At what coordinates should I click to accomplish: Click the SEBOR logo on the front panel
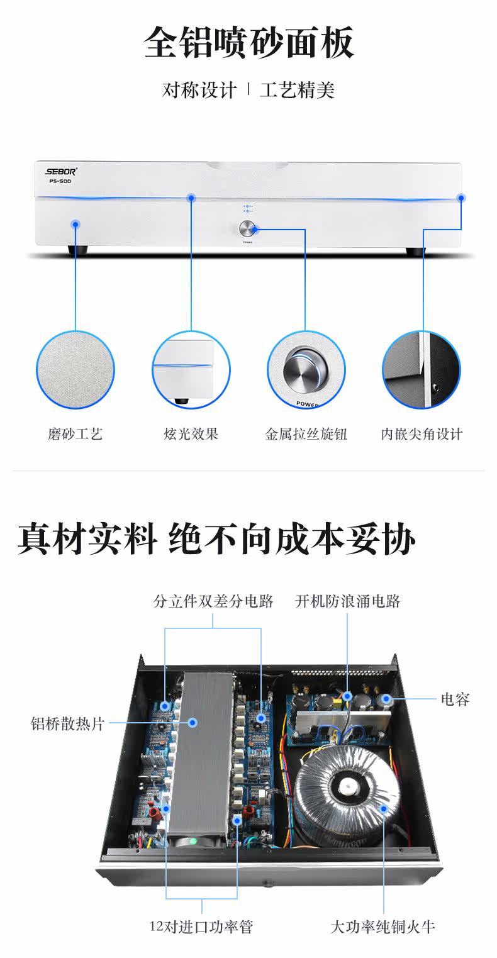pos(60,170)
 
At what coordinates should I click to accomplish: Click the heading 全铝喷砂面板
pos(249,43)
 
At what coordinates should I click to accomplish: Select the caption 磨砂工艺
pos(75,433)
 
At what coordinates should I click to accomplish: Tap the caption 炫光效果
pos(191,433)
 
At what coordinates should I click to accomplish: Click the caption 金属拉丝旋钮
pos(306,433)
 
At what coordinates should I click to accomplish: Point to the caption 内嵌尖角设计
pos(422,433)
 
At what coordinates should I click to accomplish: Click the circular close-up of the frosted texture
pos(75,370)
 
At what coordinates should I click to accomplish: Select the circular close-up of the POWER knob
pos(306,370)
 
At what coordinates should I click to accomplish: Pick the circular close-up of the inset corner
pos(422,370)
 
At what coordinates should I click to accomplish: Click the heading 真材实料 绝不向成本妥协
pos(216,540)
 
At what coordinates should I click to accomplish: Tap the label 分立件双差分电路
pos(213,601)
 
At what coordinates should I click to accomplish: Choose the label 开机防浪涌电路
pos(348,601)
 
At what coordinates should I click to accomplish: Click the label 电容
pos(455,699)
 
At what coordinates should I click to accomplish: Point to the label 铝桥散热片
pos(68,723)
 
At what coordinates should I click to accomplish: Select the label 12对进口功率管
pos(201,926)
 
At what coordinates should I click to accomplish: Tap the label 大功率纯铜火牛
pos(383,926)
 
